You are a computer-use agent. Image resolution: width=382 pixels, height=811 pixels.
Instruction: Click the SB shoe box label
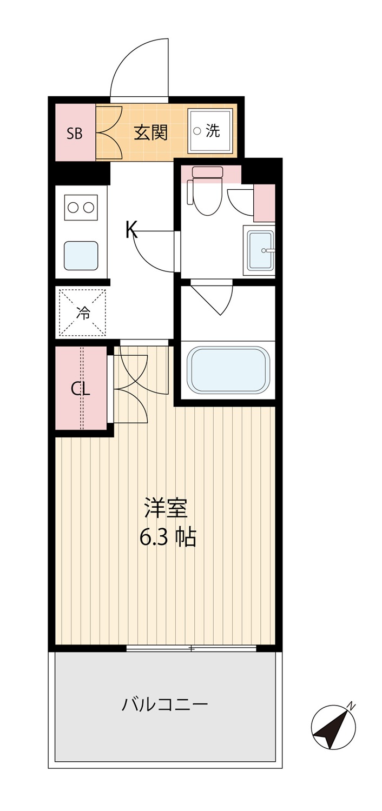[x=74, y=134]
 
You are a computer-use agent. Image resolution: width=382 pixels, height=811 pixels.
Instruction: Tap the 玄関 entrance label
[x=151, y=132]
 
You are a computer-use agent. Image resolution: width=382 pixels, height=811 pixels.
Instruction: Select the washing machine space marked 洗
[x=209, y=131]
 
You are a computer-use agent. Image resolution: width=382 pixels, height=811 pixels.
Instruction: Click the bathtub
[x=228, y=370]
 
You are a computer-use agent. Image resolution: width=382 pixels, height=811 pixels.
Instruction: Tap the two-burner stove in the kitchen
[x=81, y=208]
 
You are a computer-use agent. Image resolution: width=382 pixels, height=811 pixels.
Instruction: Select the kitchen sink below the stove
[x=81, y=255]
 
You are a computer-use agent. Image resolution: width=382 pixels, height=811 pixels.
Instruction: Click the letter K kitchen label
[x=131, y=230]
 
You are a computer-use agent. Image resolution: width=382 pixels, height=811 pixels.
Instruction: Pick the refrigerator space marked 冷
[x=83, y=313]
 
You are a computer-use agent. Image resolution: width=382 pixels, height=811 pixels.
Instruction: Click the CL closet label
[x=80, y=389]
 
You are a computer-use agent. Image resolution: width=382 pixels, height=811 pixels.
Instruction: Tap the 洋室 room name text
[x=166, y=508]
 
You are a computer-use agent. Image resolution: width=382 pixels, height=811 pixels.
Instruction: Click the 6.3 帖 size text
[x=168, y=537]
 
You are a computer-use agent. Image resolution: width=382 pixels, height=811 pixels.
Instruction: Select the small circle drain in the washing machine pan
[x=197, y=131]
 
